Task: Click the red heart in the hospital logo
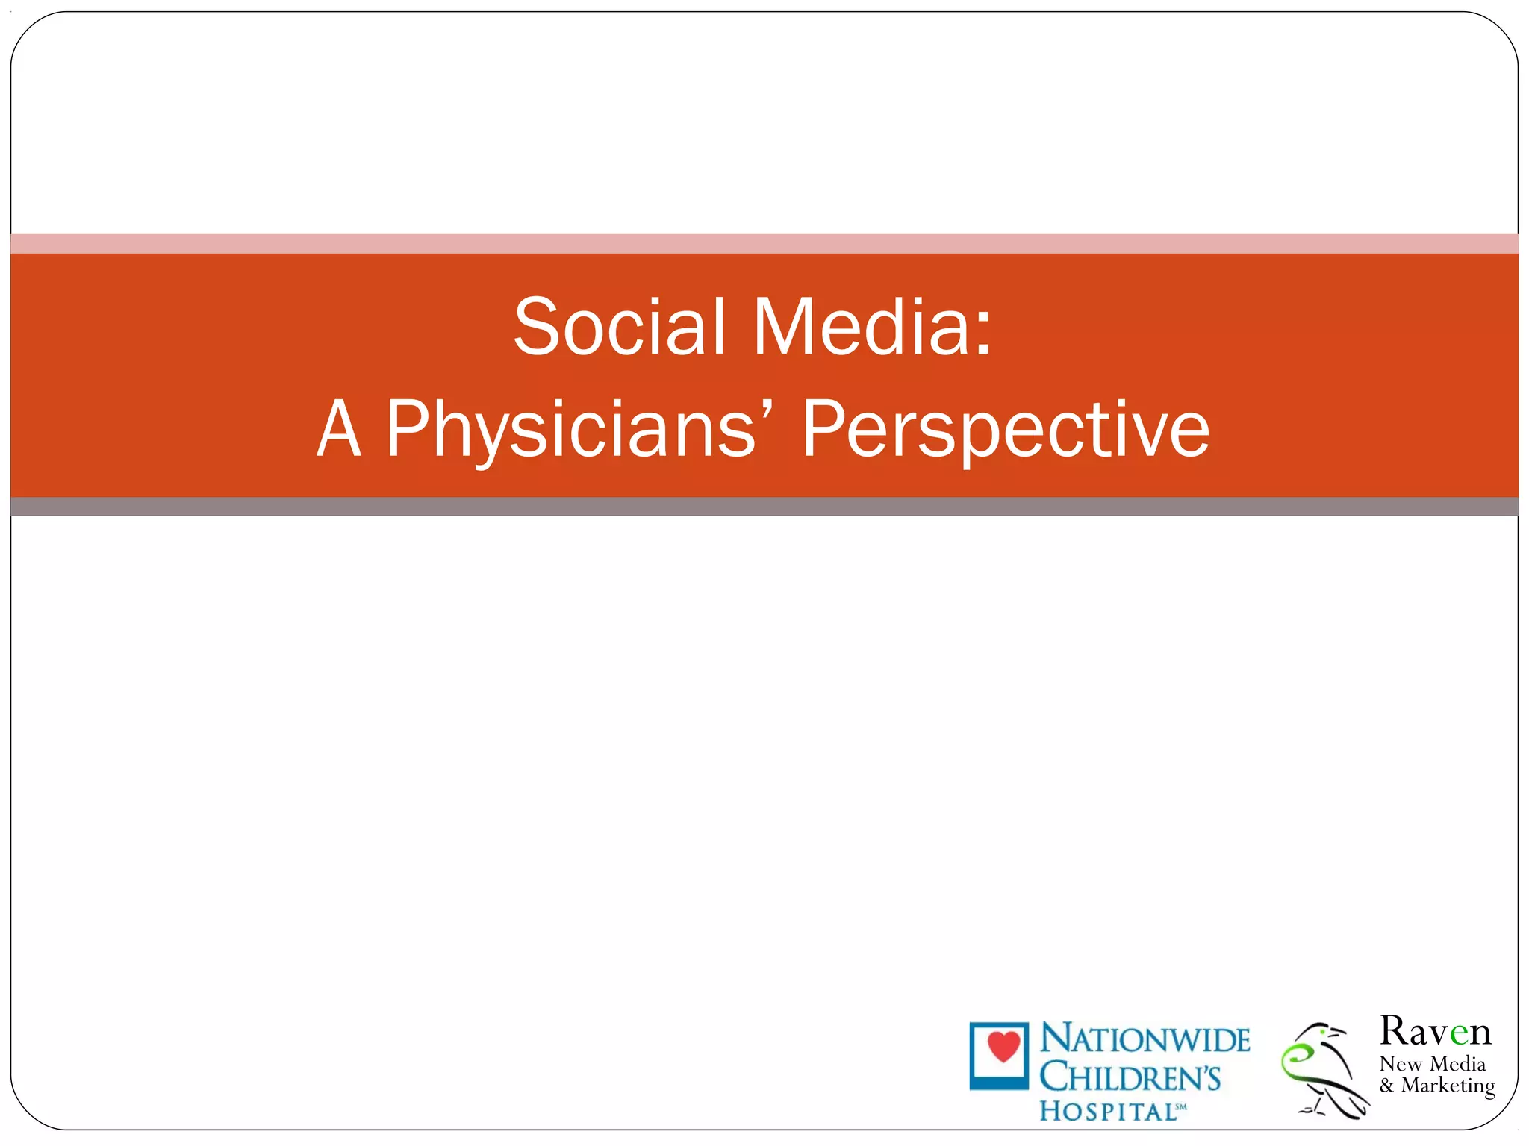pos(1003,1046)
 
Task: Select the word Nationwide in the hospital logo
pos(1145,1039)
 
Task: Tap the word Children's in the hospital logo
pos(1130,1077)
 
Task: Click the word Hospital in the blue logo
pos(1108,1111)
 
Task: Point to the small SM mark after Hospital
pos(1181,1106)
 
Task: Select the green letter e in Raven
pos(1459,1033)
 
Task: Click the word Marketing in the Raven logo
pos(1448,1086)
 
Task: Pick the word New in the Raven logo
pos(1400,1063)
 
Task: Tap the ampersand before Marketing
pos(1386,1086)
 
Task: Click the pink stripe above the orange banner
pos(764,243)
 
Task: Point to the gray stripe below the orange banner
pos(764,507)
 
